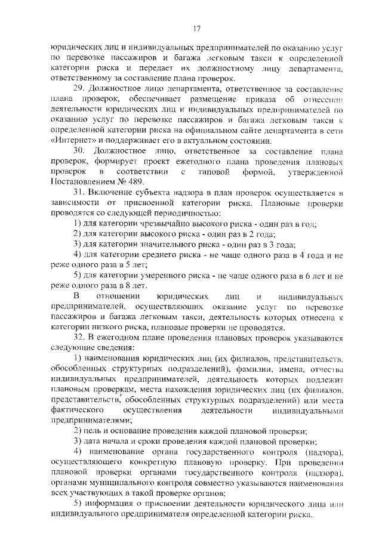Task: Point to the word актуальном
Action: pyautogui.click(x=218, y=141)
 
